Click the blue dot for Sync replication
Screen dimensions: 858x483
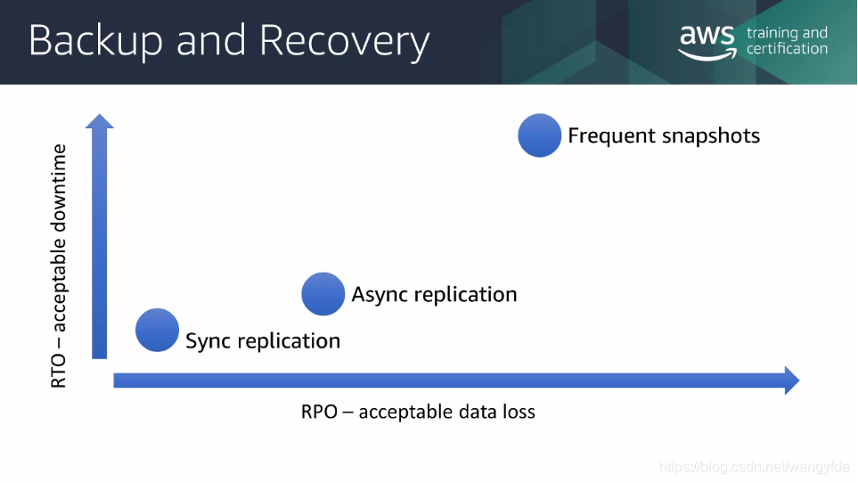click(157, 330)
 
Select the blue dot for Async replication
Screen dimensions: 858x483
click(323, 294)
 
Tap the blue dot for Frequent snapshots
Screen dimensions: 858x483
click(540, 135)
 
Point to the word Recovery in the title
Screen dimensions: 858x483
click(345, 42)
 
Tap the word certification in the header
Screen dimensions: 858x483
click(787, 49)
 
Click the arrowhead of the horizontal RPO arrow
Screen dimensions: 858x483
click(792, 381)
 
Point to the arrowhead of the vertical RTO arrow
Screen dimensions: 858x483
click(100, 121)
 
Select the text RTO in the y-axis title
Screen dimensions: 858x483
click(58, 371)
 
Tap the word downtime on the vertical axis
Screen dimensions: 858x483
click(58, 189)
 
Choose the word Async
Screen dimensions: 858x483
click(380, 294)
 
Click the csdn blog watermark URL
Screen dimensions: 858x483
click(754, 467)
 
